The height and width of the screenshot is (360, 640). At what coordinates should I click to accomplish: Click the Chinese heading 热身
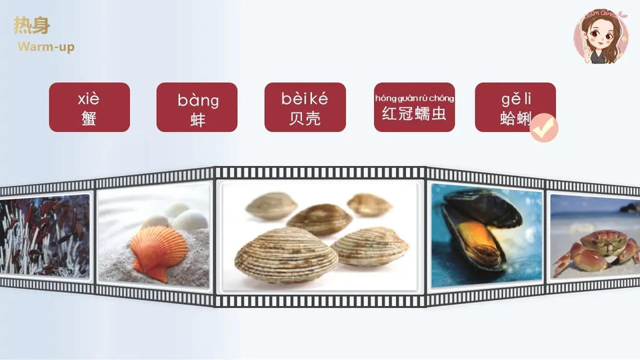tap(31, 26)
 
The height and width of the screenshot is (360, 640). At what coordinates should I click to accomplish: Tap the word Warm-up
tap(46, 47)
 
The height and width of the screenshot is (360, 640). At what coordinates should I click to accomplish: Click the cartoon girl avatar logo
tap(601, 36)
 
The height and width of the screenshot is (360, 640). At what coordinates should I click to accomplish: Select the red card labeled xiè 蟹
tap(89, 107)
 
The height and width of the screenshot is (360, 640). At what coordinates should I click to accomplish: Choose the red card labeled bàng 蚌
tap(197, 107)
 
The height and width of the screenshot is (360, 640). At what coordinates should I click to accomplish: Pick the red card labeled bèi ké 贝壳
tap(305, 107)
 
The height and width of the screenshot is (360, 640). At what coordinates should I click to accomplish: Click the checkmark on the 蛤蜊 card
tap(543, 127)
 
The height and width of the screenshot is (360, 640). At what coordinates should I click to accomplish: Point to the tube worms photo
tap(43, 237)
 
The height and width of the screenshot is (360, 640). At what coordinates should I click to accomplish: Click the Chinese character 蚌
tap(197, 119)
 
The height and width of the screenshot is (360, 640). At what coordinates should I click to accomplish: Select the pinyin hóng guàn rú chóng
tap(414, 99)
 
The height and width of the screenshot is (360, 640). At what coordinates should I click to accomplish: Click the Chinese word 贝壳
tap(305, 118)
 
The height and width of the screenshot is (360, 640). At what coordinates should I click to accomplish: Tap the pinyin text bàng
tap(198, 101)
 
